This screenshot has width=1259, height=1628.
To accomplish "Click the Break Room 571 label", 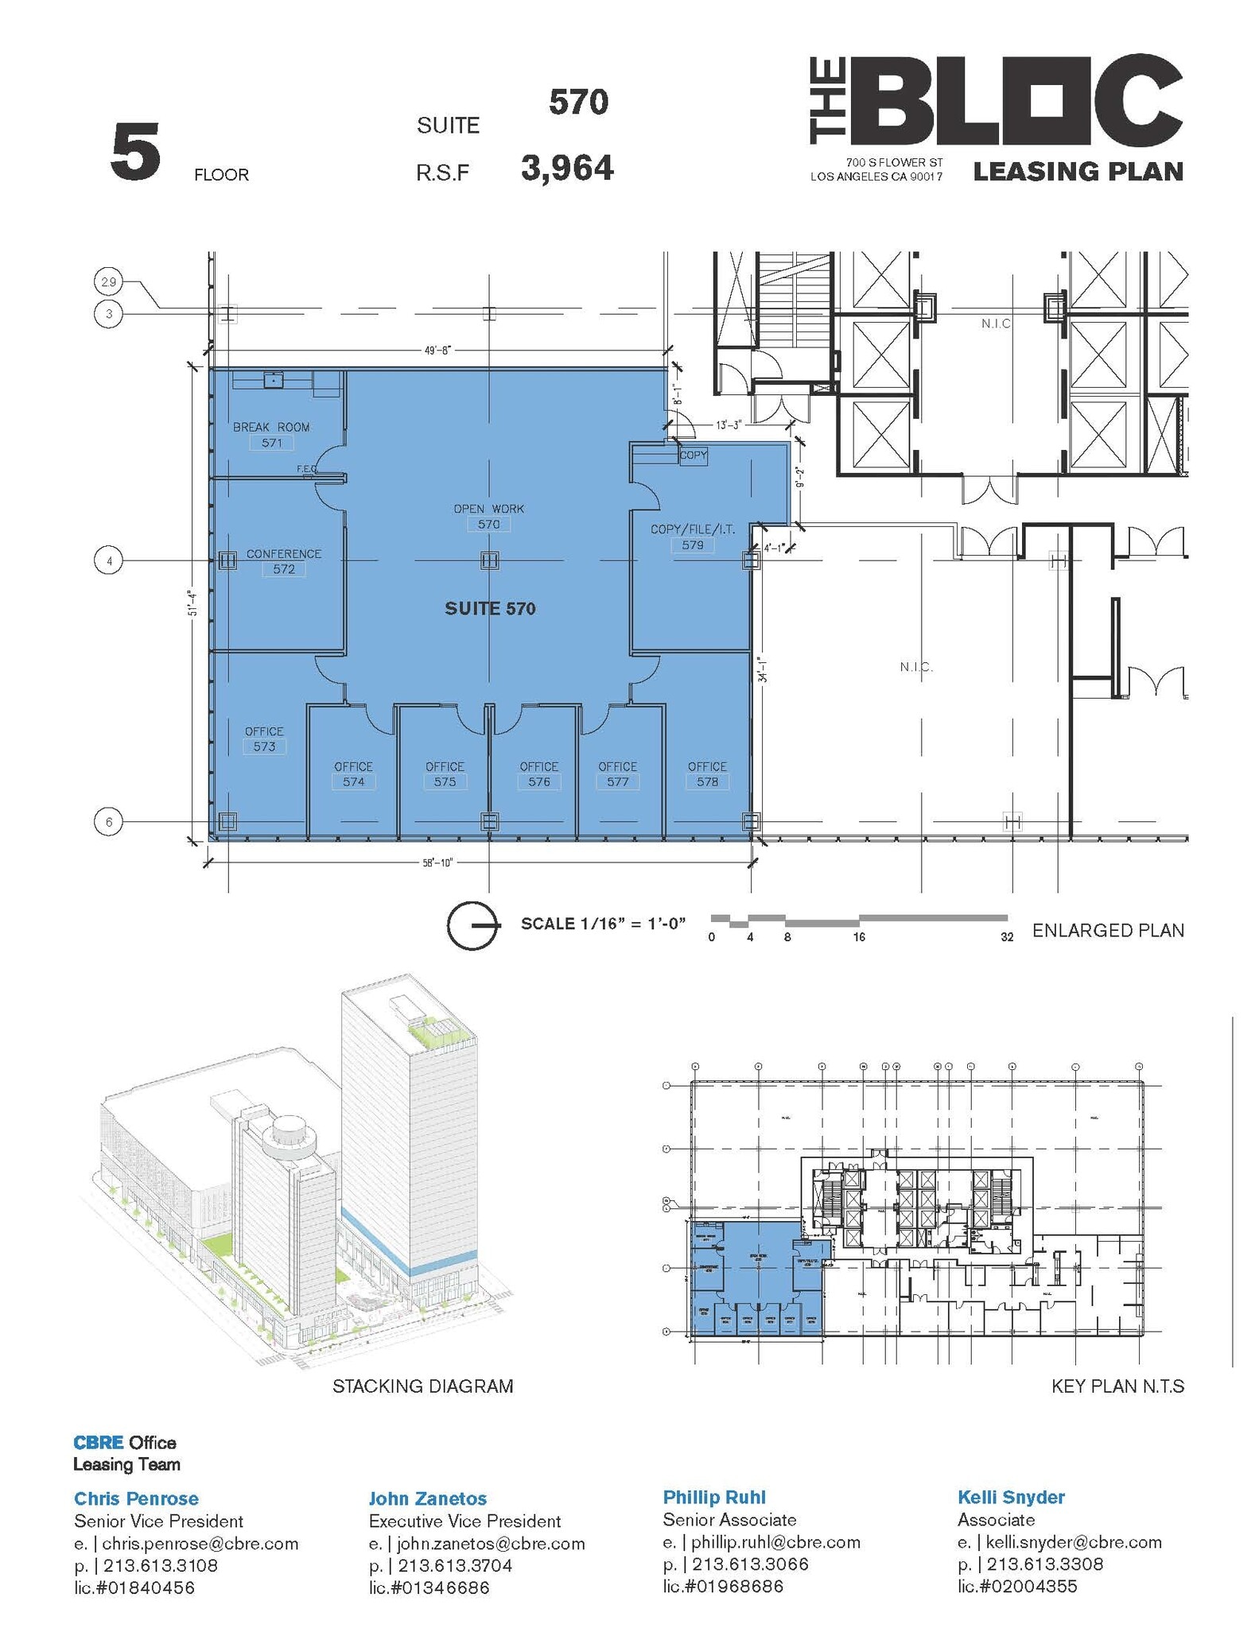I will (271, 435).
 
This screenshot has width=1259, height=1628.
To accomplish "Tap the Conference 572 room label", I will (283, 561).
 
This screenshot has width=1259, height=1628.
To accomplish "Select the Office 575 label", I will (445, 774).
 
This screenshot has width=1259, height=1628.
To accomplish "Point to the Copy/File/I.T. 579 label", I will (692, 537).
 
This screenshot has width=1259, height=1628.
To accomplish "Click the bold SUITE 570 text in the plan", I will (490, 609).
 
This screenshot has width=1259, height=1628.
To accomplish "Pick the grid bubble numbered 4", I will (109, 561).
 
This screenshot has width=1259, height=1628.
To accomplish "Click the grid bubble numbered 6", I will (109, 821).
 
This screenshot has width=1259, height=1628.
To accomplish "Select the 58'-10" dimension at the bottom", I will (437, 862).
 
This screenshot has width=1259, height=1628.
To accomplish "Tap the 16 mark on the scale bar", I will (859, 937).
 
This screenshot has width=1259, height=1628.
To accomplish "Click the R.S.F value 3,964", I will (567, 169).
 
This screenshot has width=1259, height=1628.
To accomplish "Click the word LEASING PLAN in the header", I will (1078, 171).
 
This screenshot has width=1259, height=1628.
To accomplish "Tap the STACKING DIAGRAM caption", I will (422, 1386).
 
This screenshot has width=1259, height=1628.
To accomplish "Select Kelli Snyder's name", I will (1011, 1498).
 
